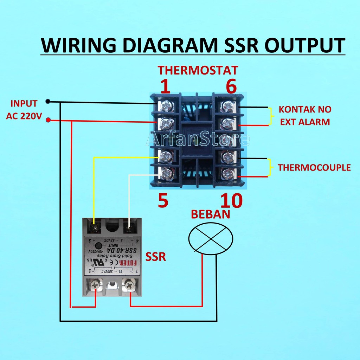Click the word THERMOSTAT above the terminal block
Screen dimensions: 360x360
[x=198, y=70]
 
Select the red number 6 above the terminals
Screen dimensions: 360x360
[x=231, y=86]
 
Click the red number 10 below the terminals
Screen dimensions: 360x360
[x=231, y=201]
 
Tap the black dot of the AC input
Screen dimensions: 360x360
[x=48, y=102]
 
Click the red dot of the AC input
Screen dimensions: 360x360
[x=48, y=121]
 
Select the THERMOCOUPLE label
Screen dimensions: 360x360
[x=314, y=167]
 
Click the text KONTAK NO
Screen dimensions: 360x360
[x=305, y=109]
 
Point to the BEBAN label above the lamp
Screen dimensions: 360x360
[x=210, y=214]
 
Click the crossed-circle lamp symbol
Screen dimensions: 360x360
[x=211, y=239]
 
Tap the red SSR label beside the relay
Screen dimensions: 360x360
[x=155, y=257]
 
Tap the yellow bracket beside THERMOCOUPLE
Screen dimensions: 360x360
[x=270, y=167]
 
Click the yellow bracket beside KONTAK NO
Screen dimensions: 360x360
[x=270, y=116]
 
